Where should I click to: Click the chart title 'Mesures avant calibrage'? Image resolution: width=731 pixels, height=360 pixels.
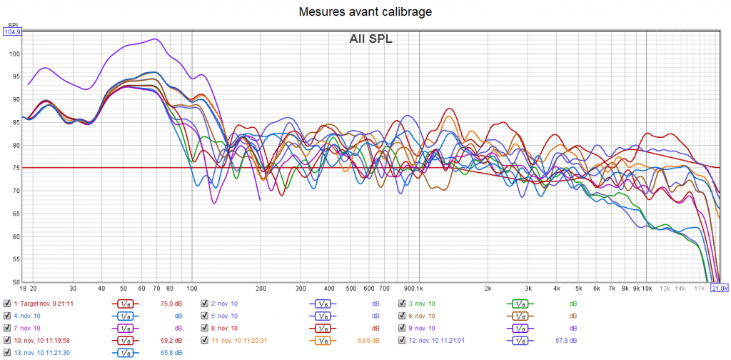(365, 11)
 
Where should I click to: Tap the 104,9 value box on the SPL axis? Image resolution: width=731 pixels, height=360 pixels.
(12, 31)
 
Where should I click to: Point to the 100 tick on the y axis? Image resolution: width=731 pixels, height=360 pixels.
(16, 54)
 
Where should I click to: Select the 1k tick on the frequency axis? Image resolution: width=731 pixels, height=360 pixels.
(418, 288)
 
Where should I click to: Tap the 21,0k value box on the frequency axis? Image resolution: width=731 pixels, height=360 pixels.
(719, 288)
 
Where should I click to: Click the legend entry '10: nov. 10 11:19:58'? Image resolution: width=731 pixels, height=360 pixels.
(41, 340)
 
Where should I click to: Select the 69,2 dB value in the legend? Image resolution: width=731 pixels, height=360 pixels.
(171, 340)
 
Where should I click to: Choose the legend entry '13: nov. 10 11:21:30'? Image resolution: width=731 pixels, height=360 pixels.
(41, 352)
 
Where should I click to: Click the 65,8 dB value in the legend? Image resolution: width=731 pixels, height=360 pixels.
(171, 352)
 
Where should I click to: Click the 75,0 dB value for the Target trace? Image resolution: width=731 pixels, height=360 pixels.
(171, 304)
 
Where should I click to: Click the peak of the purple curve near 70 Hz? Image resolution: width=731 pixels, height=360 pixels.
(154, 39)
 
